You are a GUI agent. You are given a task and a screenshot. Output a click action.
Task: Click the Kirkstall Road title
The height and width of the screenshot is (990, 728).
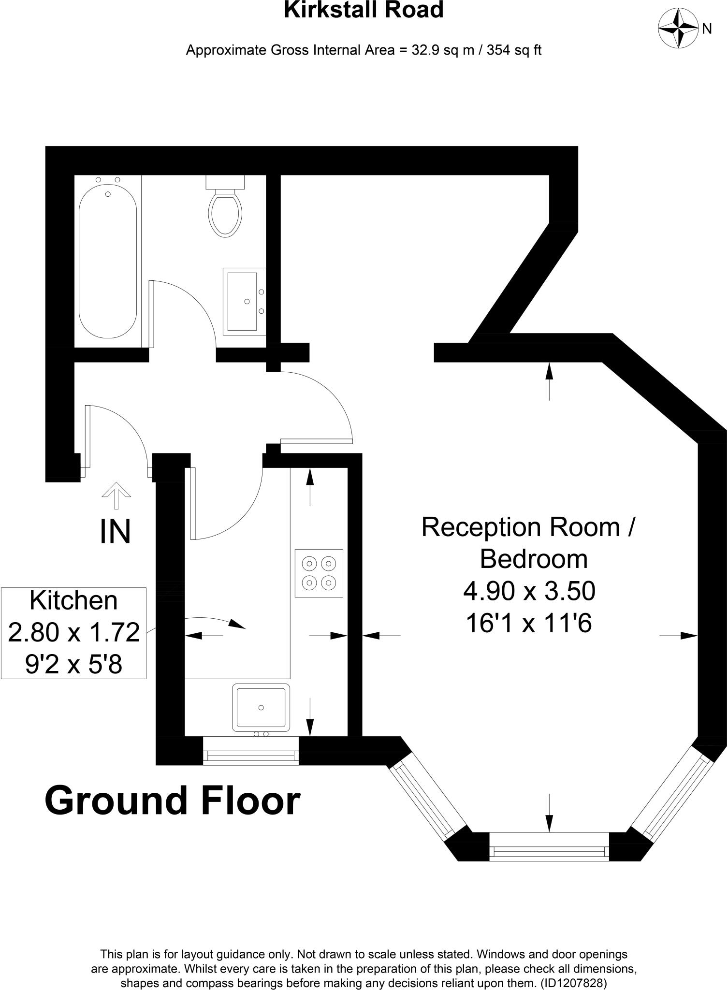coord(364,10)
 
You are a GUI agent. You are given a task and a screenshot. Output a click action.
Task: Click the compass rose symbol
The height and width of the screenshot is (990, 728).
coord(679,29)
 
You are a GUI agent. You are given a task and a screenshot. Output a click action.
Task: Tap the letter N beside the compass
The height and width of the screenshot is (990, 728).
coord(707,29)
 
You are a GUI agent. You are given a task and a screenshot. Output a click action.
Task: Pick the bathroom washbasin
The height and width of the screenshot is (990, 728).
coord(245,301)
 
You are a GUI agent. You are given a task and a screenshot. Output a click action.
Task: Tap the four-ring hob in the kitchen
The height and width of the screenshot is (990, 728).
coord(319,573)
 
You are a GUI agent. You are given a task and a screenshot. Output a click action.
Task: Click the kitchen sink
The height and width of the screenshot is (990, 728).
coord(261,707)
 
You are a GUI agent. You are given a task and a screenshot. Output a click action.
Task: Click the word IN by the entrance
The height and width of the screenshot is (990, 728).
coord(115,532)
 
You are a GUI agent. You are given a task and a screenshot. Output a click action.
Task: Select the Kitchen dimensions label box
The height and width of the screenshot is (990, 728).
coord(73,633)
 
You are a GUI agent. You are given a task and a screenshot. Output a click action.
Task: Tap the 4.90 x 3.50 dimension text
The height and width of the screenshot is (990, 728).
coord(529,591)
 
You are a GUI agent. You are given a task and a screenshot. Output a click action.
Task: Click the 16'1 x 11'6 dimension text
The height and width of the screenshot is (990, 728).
coord(529,623)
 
